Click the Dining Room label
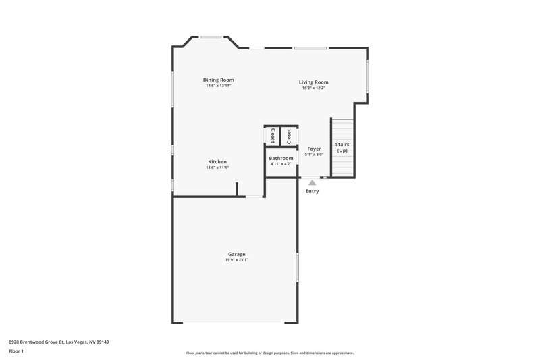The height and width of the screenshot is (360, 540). [219, 80]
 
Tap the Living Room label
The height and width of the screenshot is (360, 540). [314, 82]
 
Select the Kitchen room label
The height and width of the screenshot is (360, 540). [217, 162]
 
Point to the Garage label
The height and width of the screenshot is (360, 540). [236, 254]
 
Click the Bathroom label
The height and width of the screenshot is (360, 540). [281, 158]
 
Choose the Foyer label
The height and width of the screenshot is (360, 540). [315, 149]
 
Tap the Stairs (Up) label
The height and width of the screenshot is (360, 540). [342, 147]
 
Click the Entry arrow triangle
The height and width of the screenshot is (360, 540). [312, 182]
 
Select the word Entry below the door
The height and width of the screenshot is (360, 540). [312, 191]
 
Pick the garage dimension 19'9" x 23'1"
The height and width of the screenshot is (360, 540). [237, 260]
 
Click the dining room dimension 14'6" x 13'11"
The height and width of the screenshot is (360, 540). [219, 86]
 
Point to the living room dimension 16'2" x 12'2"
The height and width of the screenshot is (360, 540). [314, 88]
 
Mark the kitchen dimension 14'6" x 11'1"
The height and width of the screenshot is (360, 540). [217, 168]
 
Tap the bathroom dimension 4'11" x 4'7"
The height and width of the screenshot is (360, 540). [281, 164]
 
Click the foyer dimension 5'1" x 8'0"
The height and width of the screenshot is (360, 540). [315, 155]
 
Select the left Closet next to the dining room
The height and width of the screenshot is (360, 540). [273, 136]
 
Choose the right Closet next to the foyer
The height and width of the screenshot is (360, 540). [289, 136]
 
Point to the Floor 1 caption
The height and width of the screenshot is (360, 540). [16, 352]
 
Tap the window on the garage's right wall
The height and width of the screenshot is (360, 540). [298, 267]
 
